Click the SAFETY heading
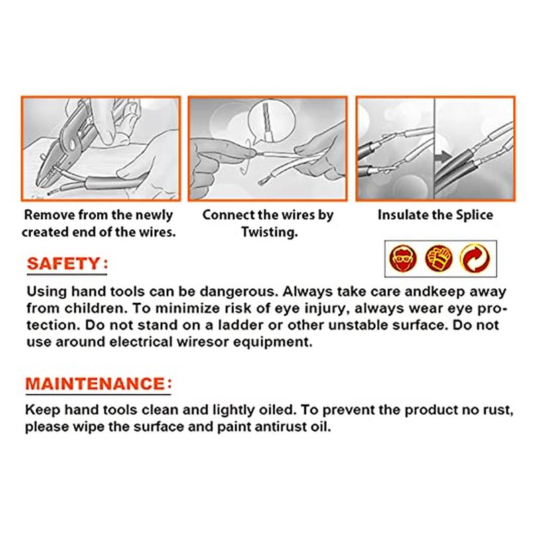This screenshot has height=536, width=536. tap(68, 264)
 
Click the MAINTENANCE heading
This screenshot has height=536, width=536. tap(98, 383)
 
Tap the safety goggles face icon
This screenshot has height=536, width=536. tap(403, 259)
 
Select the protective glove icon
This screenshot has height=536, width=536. tap(439, 259)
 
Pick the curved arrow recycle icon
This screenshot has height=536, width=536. tap(475, 259)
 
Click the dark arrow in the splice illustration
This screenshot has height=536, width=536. tap(444, 157)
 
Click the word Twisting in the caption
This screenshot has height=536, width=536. tap(269, 232)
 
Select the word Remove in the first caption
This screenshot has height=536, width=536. tap(50, 214)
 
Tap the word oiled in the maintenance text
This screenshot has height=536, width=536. tap(277, 410)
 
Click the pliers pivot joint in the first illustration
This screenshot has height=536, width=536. tap(72, 143)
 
